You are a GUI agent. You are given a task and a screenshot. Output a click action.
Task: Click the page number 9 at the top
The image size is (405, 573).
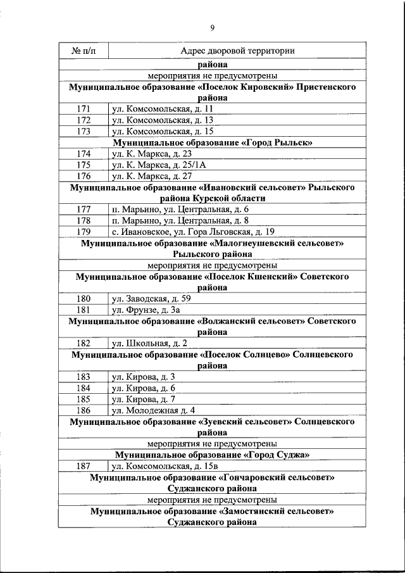(x=212, y=27)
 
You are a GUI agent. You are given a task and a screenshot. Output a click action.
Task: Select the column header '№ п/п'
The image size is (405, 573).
(x=83, y=51)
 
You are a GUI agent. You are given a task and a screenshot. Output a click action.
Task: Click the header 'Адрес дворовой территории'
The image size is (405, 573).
(x=237, y=51)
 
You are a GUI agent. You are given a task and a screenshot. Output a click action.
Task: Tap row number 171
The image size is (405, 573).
(x=84, y=109)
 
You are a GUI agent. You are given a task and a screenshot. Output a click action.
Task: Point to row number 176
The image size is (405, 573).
(x=84, y=176)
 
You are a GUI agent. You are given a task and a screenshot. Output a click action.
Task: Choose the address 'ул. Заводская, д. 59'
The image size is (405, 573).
(x=151, y=298)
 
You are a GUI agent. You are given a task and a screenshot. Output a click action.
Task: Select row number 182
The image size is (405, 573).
(x=84, y=343)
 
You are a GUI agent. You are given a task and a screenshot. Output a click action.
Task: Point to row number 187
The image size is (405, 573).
(x=84, y=466)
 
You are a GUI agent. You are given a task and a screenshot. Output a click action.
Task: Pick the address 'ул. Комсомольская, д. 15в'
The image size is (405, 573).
(x=165, y=466)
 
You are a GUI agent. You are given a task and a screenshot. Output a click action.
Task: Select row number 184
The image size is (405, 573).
(x=84, y=387)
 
